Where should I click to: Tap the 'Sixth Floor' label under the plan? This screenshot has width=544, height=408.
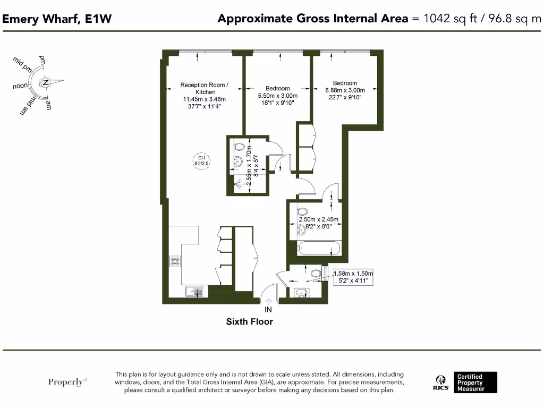tap(250, 321)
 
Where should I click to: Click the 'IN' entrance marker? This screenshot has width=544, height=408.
tap(268, 309)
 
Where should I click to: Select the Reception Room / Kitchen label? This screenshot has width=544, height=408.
tap(205, 88)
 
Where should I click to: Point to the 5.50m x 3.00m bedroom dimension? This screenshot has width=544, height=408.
tap(278, 96)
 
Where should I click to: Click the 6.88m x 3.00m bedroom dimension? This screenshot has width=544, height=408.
tap(345, 90)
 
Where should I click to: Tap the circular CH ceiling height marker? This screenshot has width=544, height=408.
tap(201, 160)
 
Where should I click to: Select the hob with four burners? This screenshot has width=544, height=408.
tap(175, 261)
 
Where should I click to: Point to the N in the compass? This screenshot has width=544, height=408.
tap(46, 82)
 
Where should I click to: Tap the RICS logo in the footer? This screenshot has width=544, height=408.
tap(440, 383)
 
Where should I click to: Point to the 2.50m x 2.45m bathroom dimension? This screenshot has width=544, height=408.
tap(319, 219)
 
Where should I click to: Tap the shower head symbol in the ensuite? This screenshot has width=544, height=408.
tap(240, 184)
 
